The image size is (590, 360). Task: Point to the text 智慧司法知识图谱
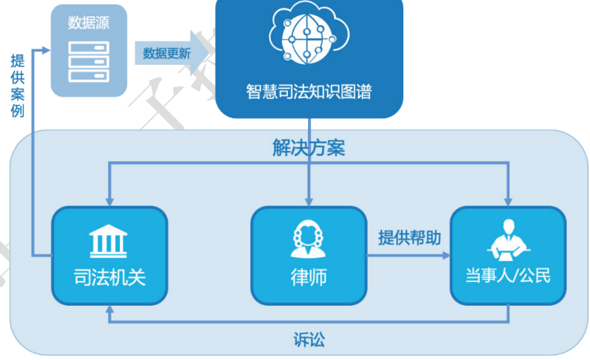(x=308, y=92)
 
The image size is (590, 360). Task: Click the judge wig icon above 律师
(x=308, y=240)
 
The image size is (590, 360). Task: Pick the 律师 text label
(x=308, y=277)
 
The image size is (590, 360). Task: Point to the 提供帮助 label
(x=409, y=238)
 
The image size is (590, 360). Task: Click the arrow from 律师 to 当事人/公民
(x=409, y=255)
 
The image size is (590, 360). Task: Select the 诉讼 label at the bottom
(x=309, y=341)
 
